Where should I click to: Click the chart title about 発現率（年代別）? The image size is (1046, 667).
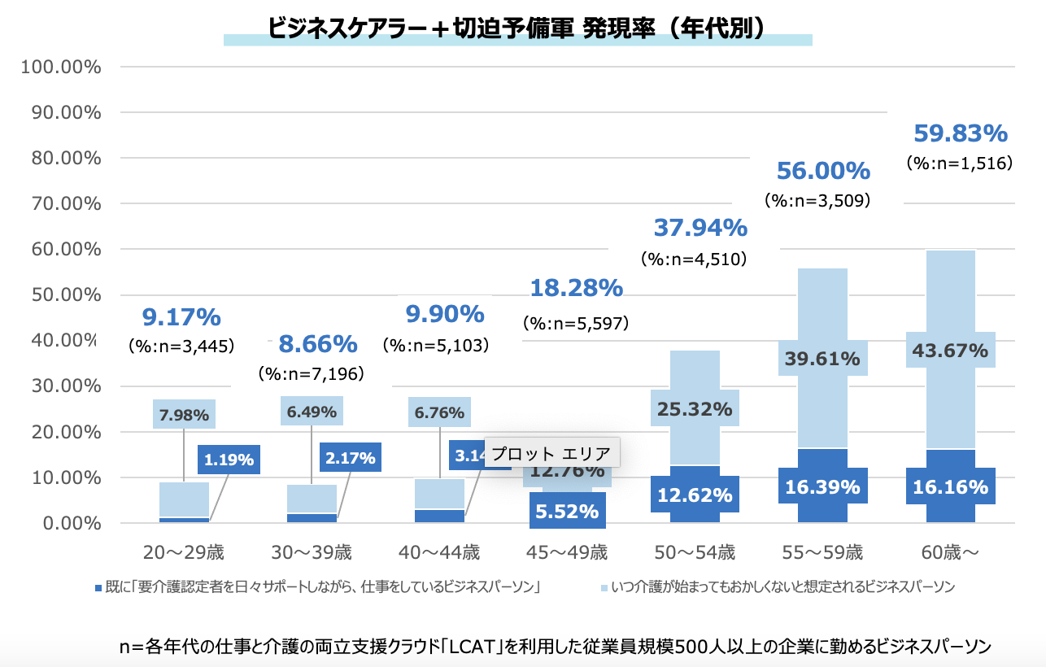517,28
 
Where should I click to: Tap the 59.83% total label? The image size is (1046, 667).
961,133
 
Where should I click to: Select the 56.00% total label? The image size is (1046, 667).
823,171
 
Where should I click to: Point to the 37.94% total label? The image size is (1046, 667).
700,228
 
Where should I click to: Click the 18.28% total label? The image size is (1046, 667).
577,287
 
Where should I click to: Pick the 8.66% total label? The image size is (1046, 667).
318,344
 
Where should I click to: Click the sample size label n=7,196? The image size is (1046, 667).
312,374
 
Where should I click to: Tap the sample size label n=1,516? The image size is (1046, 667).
960,163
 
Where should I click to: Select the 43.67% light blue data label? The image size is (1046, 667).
949,351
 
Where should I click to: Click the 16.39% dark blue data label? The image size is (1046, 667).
823,487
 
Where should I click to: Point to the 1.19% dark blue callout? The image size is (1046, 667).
228,460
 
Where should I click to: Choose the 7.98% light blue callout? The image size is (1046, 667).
184,414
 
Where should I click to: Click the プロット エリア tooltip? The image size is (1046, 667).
551,452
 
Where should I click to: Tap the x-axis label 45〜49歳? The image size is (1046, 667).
568,553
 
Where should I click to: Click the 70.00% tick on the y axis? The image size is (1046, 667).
62,203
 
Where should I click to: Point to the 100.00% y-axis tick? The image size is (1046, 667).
60,67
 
